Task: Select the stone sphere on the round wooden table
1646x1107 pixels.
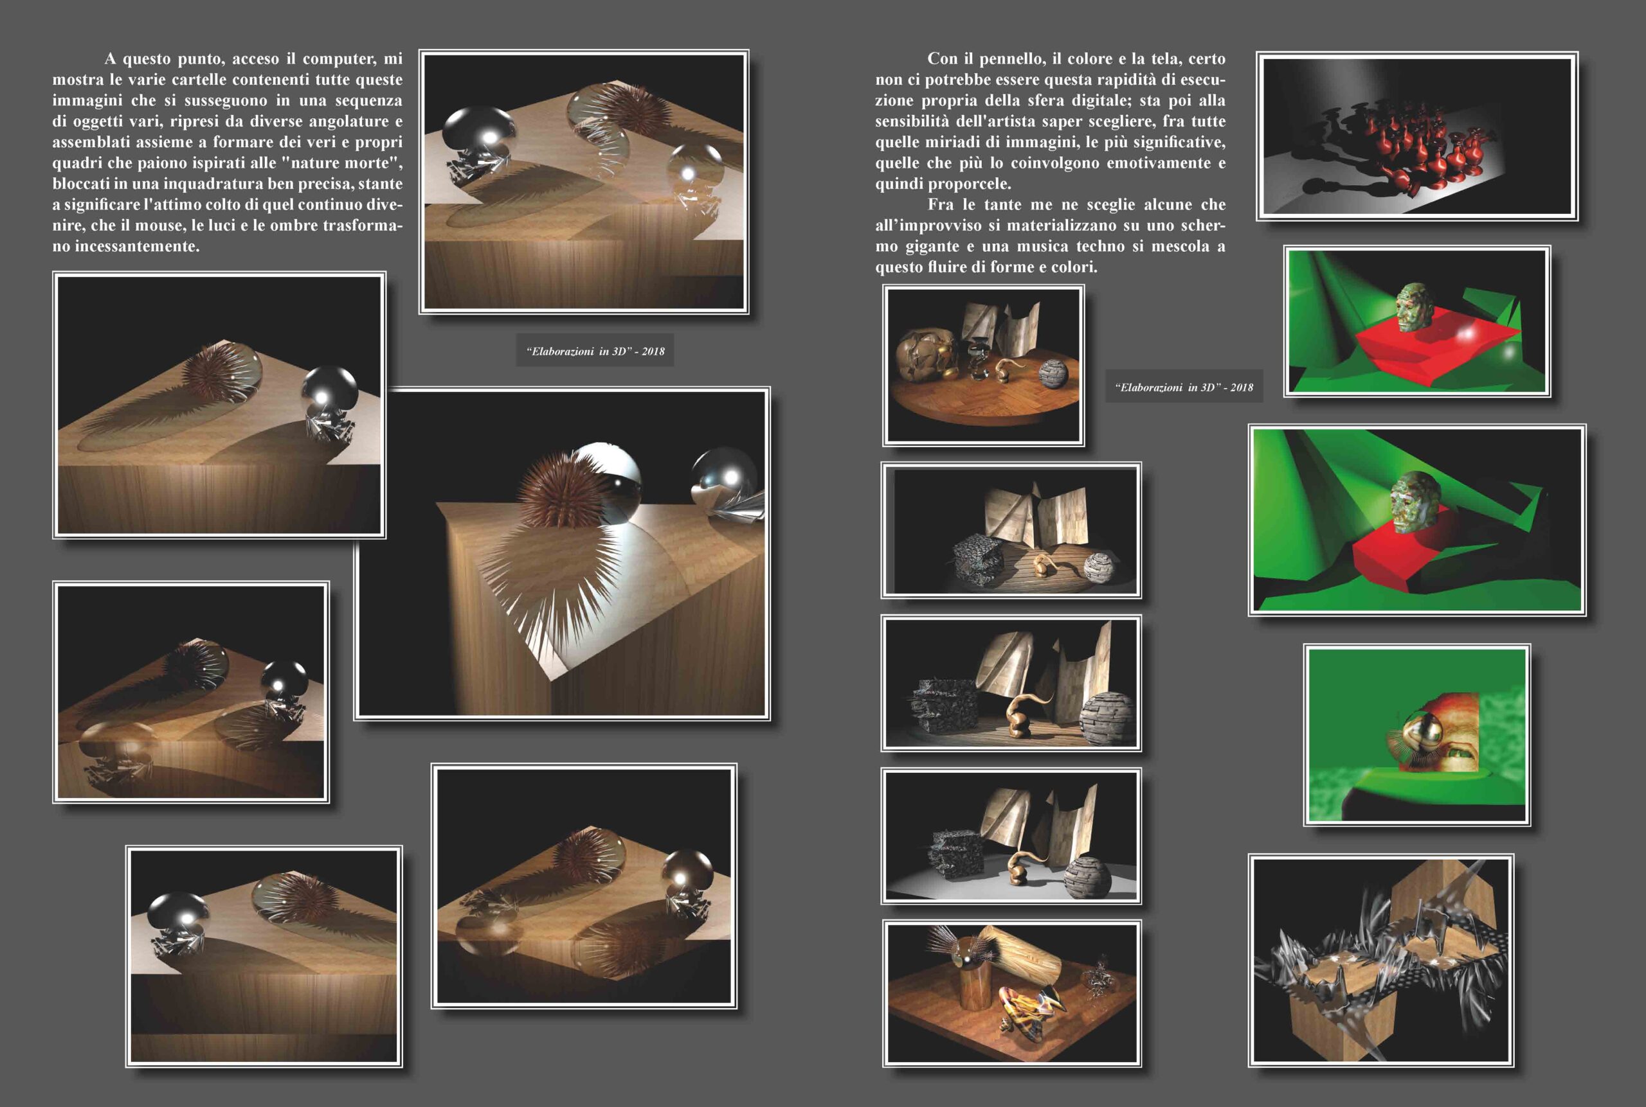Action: click(1054, 373)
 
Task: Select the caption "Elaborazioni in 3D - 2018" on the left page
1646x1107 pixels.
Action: click(595, 351)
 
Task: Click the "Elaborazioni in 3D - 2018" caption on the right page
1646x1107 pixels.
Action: click(1184, 387)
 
